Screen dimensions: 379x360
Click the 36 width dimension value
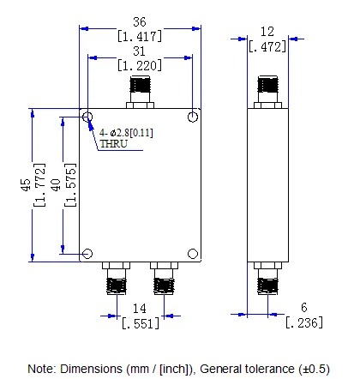[141, 21]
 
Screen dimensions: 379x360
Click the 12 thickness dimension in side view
[268, 31]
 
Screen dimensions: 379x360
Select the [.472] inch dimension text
[268, 46]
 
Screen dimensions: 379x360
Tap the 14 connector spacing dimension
[137, 307]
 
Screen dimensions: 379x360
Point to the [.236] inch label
[304, 322]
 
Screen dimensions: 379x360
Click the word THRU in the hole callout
[113, 144]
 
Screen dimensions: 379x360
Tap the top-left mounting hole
[87, 116]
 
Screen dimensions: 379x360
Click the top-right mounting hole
[194, 116]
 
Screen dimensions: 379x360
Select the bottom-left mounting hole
[87, 254]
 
